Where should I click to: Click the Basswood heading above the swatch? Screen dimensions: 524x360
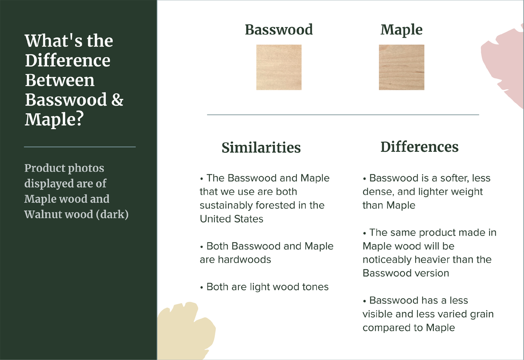279,30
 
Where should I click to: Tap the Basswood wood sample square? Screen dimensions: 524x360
279,67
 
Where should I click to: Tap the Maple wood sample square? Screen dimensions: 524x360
401,67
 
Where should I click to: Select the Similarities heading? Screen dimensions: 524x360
261,147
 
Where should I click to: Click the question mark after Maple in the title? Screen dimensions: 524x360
80,119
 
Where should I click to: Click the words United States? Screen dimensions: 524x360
231,219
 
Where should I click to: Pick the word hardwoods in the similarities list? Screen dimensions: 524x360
245,260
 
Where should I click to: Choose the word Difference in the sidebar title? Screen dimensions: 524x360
68,60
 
